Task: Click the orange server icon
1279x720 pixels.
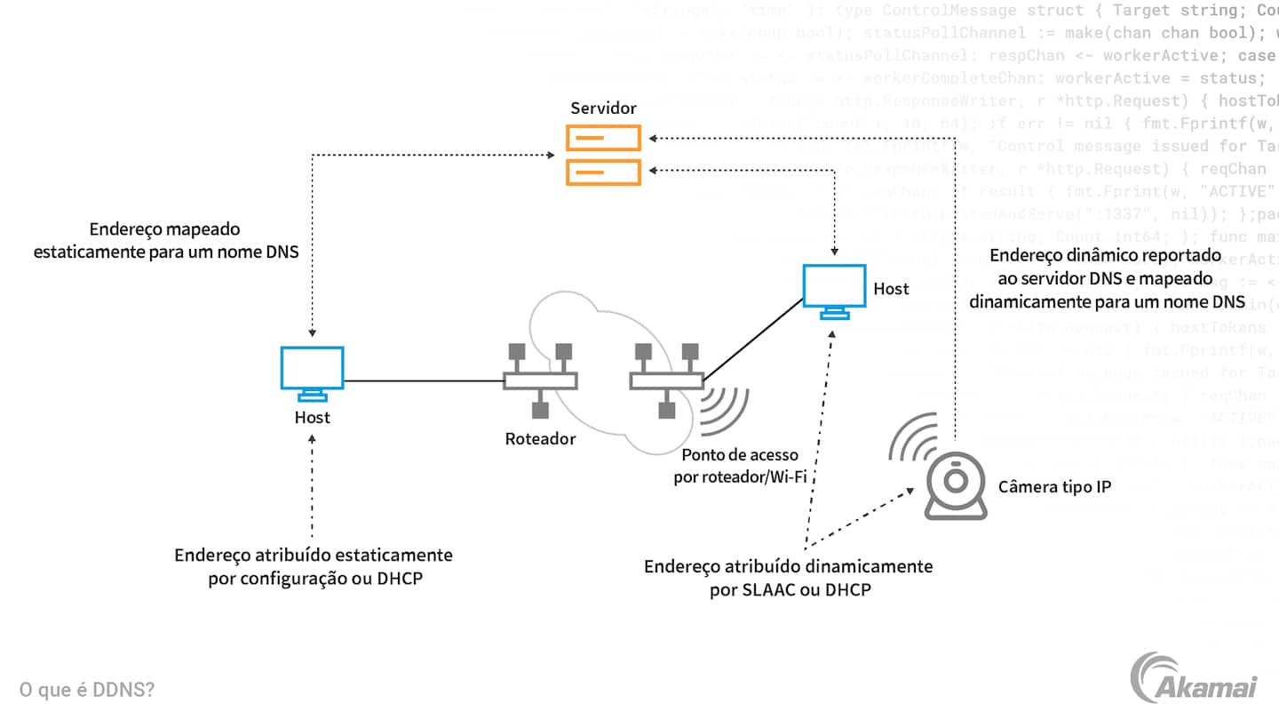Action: coord(604,155)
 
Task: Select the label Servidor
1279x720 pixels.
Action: coord(604,108)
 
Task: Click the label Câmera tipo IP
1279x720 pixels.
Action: coord(1054,486)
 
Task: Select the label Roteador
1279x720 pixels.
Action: coord(540,438)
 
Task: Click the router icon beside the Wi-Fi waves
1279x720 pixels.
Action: coord(666,380)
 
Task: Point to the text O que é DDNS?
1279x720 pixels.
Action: coord(87,690)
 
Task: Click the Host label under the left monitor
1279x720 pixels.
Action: coord(313,417)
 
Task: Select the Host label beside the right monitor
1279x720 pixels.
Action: coord(891,289)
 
